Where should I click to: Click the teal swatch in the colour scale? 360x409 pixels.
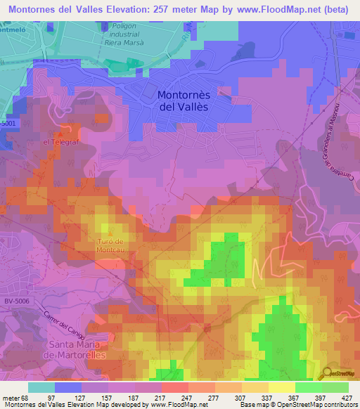tap(41, 387)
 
